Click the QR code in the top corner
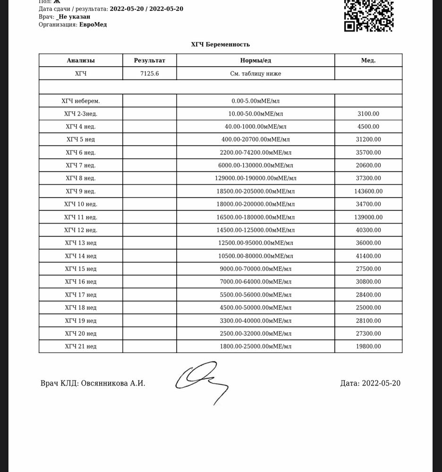(369, 15)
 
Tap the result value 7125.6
(149, 74)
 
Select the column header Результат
(149, 60)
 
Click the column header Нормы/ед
(255, 60)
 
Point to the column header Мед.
(368, 60)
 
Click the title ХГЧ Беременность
(221, 44)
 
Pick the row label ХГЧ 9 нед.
(80, 191)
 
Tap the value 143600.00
(368, 191)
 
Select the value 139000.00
(368, 217)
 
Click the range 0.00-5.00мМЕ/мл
(255, 101)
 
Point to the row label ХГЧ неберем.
(80, 101)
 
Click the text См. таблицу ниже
(255, 74)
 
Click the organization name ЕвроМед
(93, 25)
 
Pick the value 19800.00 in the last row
(368, 346)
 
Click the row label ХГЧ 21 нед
(80, 346)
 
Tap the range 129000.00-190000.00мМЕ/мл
(255, 178)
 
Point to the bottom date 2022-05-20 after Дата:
(381, 383)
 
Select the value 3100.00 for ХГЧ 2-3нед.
(368, 114)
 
